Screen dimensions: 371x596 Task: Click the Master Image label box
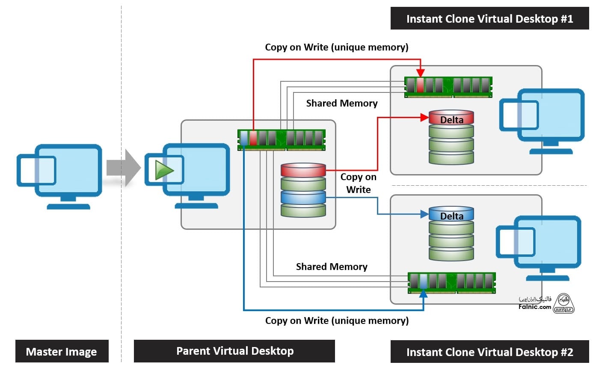[x=62, y=352]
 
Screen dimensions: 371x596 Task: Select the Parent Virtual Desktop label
[x=234, y=351]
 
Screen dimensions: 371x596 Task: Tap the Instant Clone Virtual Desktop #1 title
[x=489, y=19]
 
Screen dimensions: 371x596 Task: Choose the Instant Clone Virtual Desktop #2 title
[x=489, y=352]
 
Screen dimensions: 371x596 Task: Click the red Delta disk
[x=451, y=118]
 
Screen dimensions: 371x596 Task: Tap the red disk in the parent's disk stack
[x=303, y=170]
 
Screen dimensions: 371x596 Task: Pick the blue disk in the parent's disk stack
[x=303, y=197]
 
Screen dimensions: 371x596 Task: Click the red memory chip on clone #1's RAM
[x=420, y=85]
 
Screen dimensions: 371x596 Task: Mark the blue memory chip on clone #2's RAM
[x=423, y=281]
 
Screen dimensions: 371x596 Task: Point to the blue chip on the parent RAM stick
[x=244, y=138]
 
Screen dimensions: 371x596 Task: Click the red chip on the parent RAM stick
[x=253, y=138]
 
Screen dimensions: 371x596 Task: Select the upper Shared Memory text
[x=342, y=103]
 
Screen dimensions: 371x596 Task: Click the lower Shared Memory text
[x=332, y=267]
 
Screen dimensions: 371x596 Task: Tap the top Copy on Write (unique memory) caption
[x=337, y=47]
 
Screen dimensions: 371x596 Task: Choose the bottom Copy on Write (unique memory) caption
[x=337, y=321]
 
